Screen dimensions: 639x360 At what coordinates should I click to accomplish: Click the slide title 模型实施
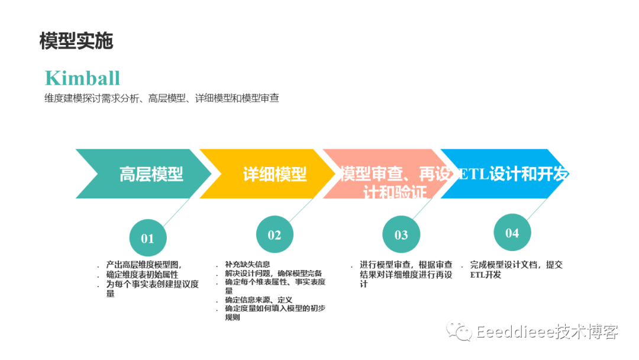[76, 41]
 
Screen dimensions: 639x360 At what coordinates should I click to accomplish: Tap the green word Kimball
[82, 78]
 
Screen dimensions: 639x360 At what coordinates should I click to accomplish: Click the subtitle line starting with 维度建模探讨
[162, 98]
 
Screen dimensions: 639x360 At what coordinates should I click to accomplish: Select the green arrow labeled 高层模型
[148, 173]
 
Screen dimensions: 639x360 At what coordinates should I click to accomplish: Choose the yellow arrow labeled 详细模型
[272, 173]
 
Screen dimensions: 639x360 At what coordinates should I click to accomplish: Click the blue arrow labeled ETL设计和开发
[512, 173]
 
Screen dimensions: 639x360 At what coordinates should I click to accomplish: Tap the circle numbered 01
[147, 239]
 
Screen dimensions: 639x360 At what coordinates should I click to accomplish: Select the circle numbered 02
[275, 235]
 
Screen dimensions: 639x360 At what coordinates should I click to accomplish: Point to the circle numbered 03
[401, 236]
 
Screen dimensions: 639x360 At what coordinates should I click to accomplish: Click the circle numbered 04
[512, 233]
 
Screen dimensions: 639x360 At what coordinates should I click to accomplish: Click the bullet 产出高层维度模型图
[144, 265]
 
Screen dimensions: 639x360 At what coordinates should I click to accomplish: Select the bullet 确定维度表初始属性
[142, 275]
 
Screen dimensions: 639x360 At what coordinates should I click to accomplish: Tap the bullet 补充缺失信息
[247, 264]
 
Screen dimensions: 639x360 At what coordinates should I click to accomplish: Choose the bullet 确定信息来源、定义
[259, 300]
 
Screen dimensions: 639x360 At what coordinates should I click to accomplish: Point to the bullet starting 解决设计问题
[273, 273]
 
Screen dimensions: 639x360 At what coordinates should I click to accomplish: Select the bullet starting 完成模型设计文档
[516, 265]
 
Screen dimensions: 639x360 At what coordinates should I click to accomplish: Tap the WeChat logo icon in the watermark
[459, 331]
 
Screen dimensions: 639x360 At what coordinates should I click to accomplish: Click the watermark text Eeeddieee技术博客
[547, 332]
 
